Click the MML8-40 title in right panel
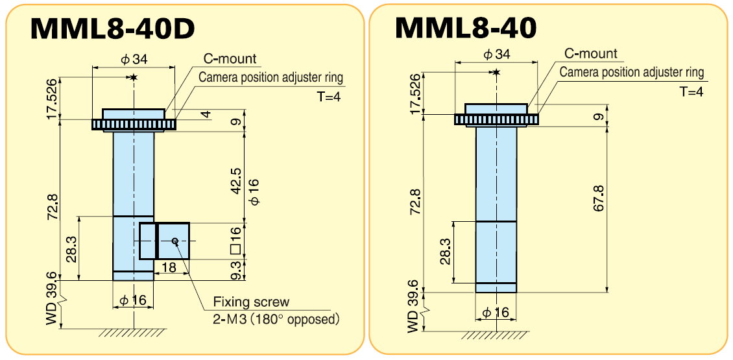coord(466,27)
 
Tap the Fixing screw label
coord(251,302)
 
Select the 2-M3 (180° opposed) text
coord(276,319)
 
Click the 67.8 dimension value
coord(598,198)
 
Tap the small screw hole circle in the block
coord(175,241)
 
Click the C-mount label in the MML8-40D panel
coord(230,59)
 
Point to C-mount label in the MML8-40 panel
coord(591,54)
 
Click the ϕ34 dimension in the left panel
coord(134,59)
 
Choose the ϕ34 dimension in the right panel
coord(497,54)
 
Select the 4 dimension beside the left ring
coord(205,115)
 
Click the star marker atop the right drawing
coord(496,72)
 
